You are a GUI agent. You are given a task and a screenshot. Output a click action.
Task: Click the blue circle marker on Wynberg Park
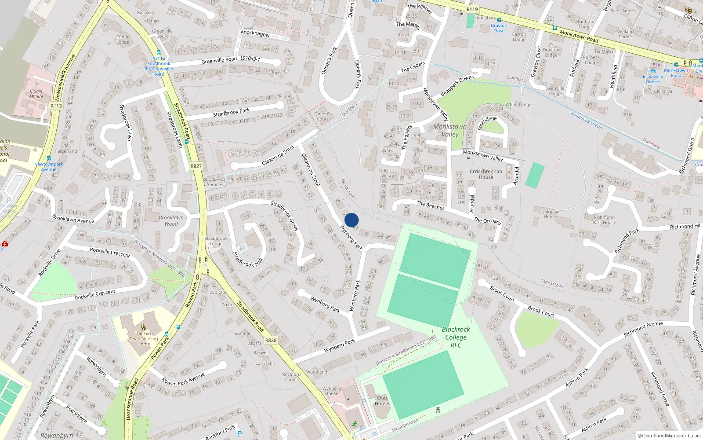(x=351, y=220)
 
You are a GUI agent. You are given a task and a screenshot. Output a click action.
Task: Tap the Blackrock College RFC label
(x=456, y=337)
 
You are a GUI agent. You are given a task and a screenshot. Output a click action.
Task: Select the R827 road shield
(x=196, y=166)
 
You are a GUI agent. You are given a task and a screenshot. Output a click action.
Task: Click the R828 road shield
(x=271, y=340)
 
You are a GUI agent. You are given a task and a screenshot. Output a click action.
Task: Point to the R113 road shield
(x=56, y=106)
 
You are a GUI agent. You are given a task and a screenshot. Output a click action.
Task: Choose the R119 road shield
(x=472, y=9)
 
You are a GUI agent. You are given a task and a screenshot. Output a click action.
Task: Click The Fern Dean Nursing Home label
(x=144, y=338)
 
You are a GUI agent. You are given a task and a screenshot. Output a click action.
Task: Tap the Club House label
(x=382, y=400)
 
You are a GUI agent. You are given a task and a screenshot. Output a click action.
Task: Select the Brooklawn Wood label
(x=171, y=220)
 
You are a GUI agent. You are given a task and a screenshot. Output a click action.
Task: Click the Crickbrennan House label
(x=486, y=174)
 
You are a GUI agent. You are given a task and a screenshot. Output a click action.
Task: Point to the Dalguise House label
(x=550, y=214)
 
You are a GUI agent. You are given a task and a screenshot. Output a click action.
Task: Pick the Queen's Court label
(x=323, y=116)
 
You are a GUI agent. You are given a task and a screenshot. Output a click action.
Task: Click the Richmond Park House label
(x=604, y=220)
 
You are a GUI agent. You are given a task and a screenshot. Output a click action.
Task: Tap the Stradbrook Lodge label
(x=216, y=241)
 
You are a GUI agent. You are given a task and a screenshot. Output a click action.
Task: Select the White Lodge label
(x=518, y=105)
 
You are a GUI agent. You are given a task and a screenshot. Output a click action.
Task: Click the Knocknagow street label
(x=255, y=34)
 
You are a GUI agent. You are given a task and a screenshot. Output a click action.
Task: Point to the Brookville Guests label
(x=653, y=79)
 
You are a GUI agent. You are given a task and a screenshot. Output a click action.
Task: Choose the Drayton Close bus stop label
(x=499, y=28)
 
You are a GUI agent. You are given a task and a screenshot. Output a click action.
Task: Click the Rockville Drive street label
(x=49, y=263)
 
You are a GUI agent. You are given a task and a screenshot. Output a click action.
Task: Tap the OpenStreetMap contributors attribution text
(x=669, y=436)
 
